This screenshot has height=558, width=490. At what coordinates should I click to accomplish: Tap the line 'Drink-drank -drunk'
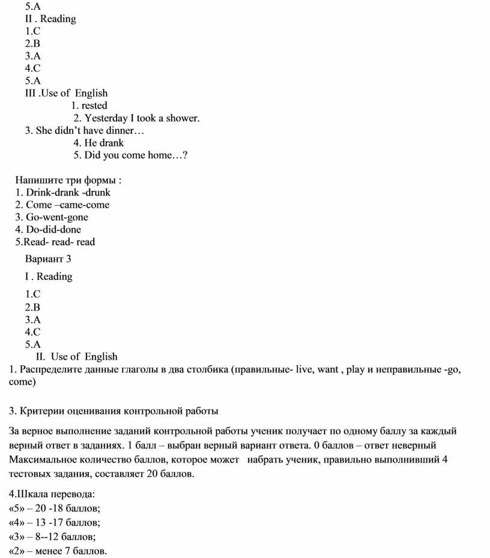[x=63, y=193]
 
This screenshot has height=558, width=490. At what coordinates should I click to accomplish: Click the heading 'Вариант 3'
[x=48, y=259]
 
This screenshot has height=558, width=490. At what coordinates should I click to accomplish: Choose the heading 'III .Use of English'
[x=66, y=93]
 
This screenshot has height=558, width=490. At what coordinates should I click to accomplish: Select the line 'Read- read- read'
[x=55, y=242]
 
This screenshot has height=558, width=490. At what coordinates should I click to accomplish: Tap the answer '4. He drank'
[x=98, y=143]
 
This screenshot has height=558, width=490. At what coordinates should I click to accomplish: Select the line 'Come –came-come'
[x=62, y=205]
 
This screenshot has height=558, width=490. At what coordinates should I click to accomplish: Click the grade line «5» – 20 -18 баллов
[x=55, y=509]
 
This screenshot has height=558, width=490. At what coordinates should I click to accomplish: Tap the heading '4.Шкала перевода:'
[x=52, y=494]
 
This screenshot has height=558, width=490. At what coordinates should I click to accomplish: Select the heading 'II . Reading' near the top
[x=50, y=19]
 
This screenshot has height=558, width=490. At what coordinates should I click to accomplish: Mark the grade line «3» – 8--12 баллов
[x=53, y=536]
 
